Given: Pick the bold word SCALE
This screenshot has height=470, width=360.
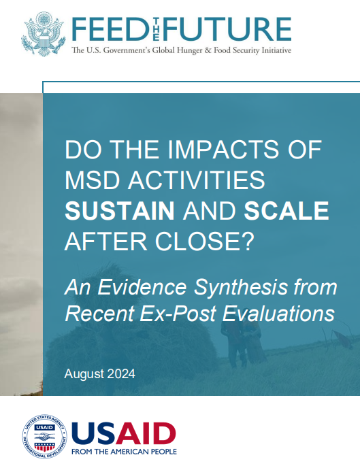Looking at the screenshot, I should click(x=287, y=211).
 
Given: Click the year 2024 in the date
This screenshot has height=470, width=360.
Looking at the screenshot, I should click(x=120, y=374).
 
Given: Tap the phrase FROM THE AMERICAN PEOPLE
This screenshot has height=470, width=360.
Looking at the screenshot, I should click(x=124, y=451).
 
